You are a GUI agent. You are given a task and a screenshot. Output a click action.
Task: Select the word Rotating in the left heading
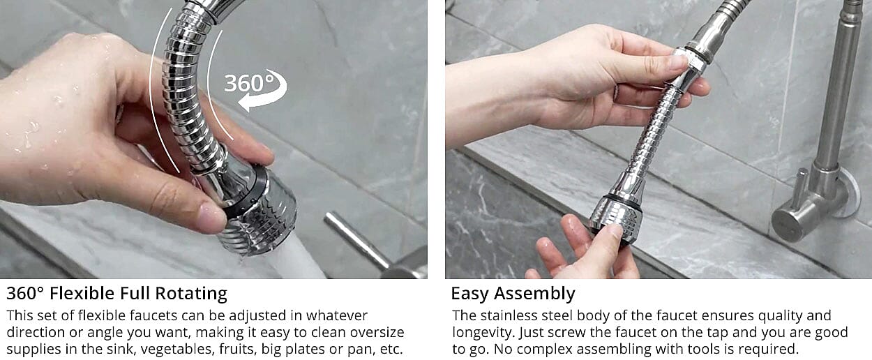point(191,294)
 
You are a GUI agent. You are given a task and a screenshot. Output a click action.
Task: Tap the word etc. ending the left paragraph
point(391,350)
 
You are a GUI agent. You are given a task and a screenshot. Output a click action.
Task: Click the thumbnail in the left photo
point(213,217)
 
